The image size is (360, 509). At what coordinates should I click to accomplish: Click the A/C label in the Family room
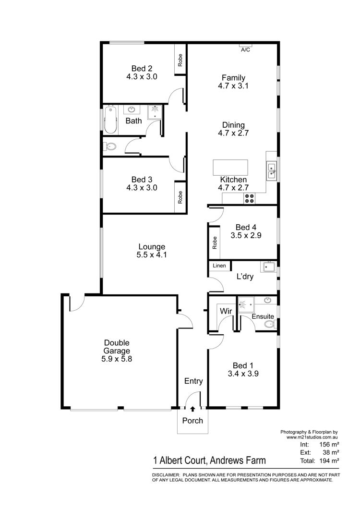[245, 49]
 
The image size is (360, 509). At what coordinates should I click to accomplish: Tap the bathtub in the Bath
[110, 120]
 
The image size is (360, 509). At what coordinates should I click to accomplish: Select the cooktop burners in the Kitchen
[249, 198]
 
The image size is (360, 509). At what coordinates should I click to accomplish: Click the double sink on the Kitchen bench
[271, 171]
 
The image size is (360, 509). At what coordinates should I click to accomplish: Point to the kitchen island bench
[230, 168]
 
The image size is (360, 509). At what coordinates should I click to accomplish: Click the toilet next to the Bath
[110, 147]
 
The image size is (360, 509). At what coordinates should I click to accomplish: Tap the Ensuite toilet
[270, 324]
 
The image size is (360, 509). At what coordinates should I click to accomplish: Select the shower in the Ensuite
[246, 304]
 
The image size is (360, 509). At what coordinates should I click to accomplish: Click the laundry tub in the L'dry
[268, 267]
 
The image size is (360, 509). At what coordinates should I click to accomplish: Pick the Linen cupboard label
[219, 266]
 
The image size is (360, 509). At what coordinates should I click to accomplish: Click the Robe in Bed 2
[180, 60]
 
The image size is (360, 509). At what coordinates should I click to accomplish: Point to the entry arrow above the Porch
[192, 409]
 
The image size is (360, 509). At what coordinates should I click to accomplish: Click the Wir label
[226, 311]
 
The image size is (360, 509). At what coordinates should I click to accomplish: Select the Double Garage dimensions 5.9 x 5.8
[117, 359]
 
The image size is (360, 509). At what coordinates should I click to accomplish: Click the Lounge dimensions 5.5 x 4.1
[152, 255]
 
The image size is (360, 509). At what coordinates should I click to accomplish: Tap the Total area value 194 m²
[329, 461]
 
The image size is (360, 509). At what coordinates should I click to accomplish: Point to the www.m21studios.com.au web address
[312, 437]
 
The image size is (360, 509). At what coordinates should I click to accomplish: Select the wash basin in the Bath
[132, 109]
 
